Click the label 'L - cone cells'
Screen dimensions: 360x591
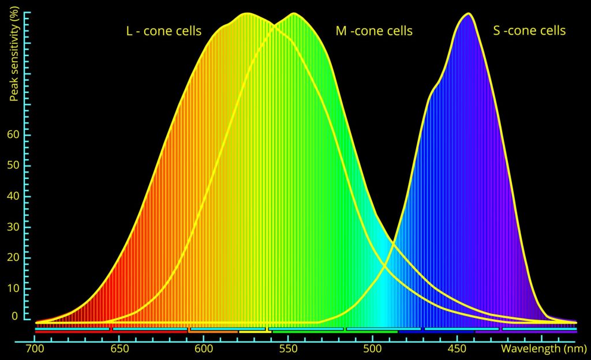pos(164,31)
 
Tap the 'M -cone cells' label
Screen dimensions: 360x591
pos(374,31)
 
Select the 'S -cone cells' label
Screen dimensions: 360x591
pos(529,31)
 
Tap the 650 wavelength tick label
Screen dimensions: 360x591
pos(119,349)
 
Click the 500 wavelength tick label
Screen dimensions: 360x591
pos(372,349)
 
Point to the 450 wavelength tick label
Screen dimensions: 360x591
pos(457,349)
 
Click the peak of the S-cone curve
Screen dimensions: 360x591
pos(467,13)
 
